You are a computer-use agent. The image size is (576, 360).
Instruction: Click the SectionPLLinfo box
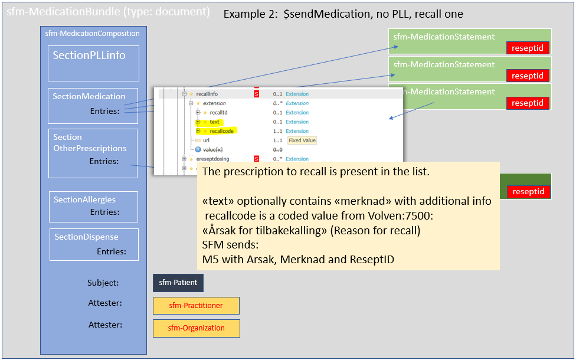(x=93, y=63)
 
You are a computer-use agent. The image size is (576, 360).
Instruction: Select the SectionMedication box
(x=93, y=106)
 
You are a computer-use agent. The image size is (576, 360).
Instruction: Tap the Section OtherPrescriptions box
(x=93, y=153)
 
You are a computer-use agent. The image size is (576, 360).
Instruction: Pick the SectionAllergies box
(x=93, y=206)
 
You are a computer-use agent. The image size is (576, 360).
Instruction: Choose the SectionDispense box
(x=94, y=244)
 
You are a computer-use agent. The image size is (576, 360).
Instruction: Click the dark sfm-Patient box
(x=178, y=283)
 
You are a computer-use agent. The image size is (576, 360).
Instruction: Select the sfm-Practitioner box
(x=196, y=306)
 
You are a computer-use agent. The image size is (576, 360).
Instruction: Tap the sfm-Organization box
(x=196, y=328)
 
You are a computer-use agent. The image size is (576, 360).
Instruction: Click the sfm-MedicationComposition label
(x=92, y=34)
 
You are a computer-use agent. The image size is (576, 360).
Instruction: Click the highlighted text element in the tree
(x=214, y=122)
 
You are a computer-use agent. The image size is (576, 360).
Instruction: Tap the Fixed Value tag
(x=302, y=140)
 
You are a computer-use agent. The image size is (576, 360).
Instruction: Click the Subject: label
(x=103, y=283)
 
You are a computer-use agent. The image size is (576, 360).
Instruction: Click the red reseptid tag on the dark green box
(x=528, y=191)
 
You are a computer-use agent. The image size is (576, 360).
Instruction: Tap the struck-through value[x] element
(x=215, y=150)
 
